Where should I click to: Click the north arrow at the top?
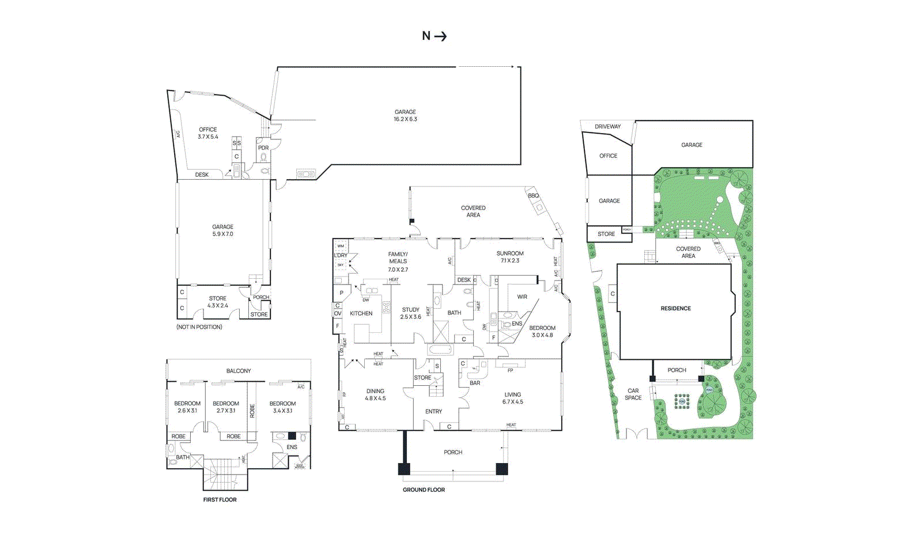point(434,36)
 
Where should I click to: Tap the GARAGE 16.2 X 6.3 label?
point(405,116)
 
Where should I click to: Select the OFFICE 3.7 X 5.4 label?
point(208,133)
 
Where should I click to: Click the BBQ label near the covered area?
point(534,196)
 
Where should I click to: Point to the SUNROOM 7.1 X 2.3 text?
point(510,257)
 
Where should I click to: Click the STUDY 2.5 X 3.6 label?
point(411,313)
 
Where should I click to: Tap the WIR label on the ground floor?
point(522,297)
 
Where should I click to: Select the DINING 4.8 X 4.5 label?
point(375,394)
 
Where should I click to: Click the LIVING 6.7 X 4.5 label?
point(512,398)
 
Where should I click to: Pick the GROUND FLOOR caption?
point(424,490)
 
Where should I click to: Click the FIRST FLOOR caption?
point(220,500)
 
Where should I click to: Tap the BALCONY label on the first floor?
point(239,371)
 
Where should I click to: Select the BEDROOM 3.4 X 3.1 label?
point(282,407)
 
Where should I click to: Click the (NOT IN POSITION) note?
point(199,327)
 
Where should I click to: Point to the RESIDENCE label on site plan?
point(675,309)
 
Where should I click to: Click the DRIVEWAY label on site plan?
point(608,127)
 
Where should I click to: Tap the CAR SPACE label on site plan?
point(633,394)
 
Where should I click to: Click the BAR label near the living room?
point(475,383)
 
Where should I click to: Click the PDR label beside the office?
point(263,148)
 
